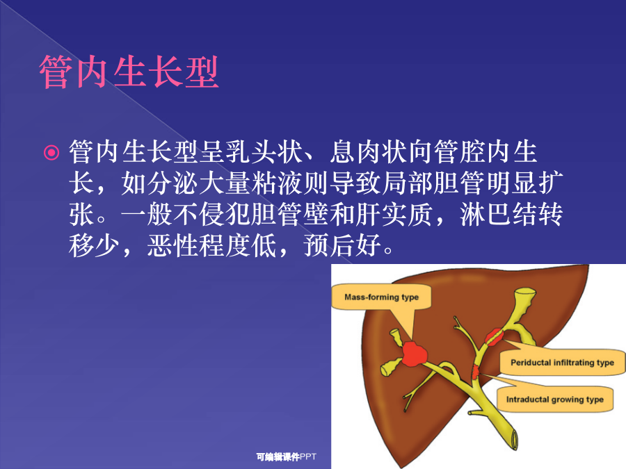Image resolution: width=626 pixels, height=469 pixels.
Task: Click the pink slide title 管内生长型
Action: click(x=129, y=72)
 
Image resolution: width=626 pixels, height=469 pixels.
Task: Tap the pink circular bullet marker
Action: click(x=51, y=152)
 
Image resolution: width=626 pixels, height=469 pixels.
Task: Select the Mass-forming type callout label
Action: click(x=381, y=297)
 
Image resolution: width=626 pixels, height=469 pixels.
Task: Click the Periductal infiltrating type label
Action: click(x=562, y=363)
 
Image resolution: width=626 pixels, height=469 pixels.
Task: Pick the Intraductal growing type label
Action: click(x=554, y=400)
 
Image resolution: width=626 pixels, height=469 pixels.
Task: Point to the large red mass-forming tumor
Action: click(x=414, y=354)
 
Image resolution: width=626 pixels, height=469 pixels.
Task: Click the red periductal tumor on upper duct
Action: click(x=495, y=337)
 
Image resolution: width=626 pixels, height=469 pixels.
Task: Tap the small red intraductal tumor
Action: click(x=476, y=371)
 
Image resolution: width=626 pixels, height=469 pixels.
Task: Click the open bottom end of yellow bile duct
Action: click(x=513, y=440)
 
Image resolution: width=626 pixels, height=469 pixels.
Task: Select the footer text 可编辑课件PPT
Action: click(x=287, y=456)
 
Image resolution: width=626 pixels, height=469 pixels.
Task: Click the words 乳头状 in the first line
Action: click(x=264, y=152)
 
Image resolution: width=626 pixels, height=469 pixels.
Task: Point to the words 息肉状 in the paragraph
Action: click(x=369, y=152)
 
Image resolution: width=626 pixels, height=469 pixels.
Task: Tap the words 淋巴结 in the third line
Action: click(x=498, y=214)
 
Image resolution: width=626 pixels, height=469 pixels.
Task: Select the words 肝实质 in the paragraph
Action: click(x=394, y=214)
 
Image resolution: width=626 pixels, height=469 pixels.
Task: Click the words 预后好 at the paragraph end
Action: click(x=342, y=245)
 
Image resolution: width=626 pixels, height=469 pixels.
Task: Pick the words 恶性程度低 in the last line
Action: click(x=211, y=245)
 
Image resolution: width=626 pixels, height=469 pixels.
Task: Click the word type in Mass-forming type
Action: click(x=410, y=297)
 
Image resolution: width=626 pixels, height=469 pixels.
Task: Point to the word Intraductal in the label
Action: click(x=527, y=400)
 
